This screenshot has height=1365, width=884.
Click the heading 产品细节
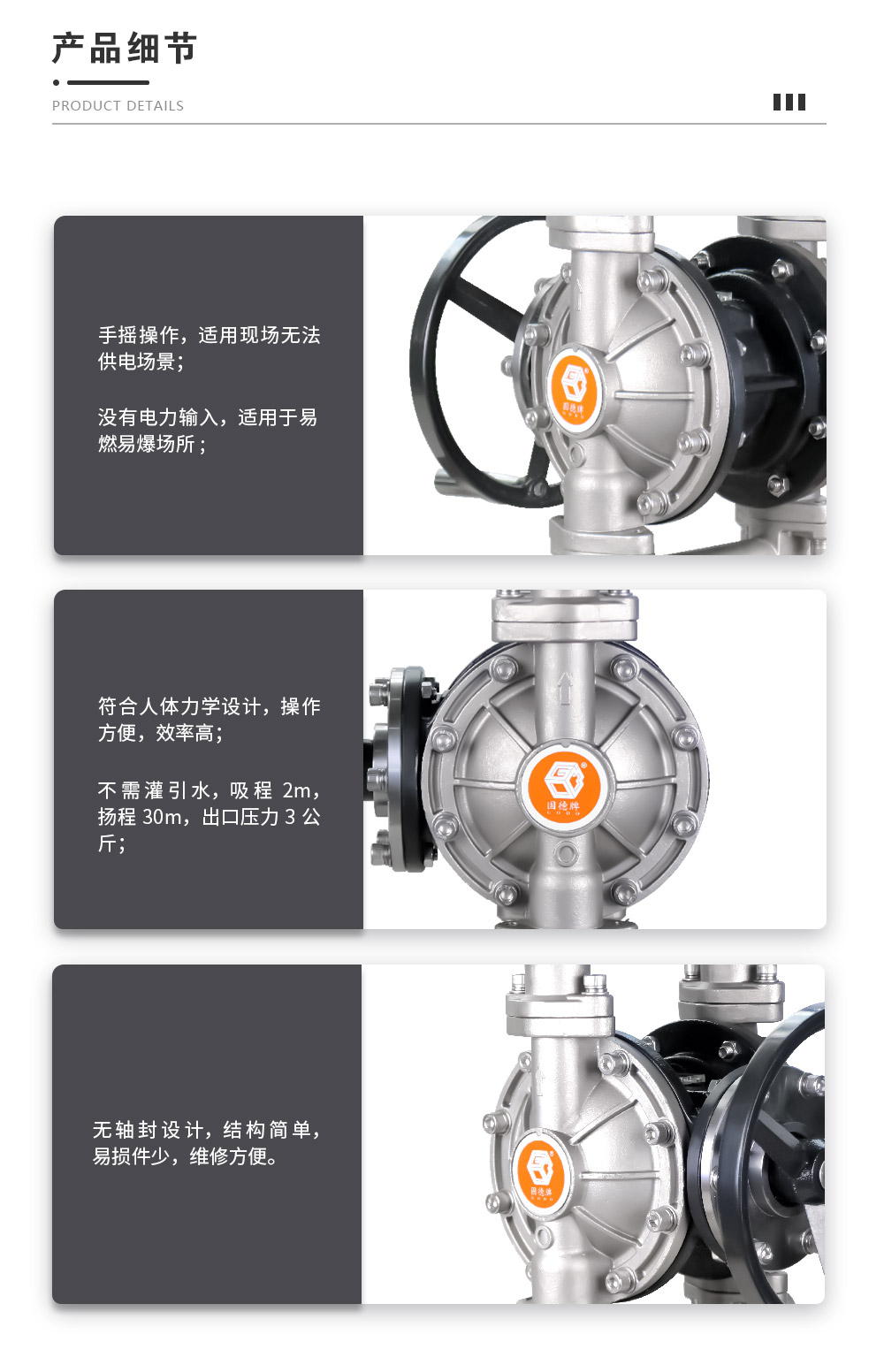click(x=125, y=48)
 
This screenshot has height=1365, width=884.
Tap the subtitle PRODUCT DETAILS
click(x=118, y=106)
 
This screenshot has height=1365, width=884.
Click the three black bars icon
click(x=789, y=102)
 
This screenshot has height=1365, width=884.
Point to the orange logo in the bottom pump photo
click(x=540, y=1174)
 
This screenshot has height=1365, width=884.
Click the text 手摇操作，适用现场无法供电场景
click(x=209, y=348)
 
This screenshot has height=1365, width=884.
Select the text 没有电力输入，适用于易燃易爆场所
click(x=208, y=431)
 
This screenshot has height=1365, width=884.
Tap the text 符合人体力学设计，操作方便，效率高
click(x=209, y=720)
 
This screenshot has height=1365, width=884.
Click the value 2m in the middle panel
click(x=297, y=790)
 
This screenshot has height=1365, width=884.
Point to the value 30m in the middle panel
click(x=162, y=817)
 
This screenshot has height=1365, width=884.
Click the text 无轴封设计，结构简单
click(x=206, y=1129)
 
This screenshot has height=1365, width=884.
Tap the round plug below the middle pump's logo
click(x=566, y=854)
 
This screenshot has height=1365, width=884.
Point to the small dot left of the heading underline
click(x=56, y=82)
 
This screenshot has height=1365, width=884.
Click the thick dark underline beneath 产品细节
click(x=108, y=82)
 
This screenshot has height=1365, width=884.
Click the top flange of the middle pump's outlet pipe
click(x=565, y=617)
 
